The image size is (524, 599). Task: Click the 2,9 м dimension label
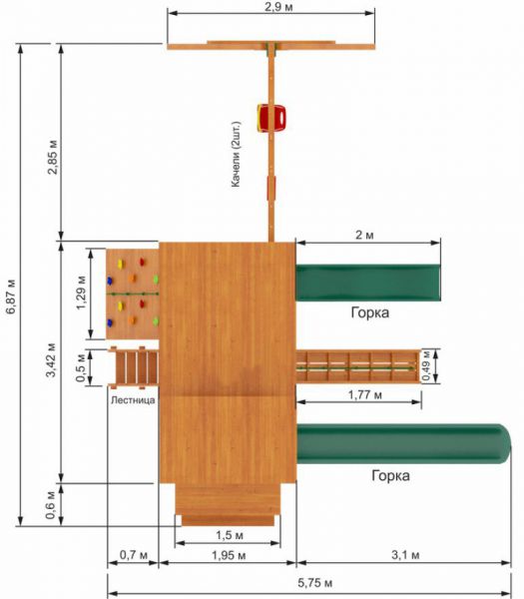pyautogui.click(x=278, y=7)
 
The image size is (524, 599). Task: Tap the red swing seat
pyautogui.click(x=271, y=118)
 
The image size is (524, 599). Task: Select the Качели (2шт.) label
pyautogui.click(x=236, y=155)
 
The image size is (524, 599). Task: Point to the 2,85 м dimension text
pyautogui.click(x=52, y=157)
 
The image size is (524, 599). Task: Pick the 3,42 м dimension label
pyautogui.click(x=51, y=360)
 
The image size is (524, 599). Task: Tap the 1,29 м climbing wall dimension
pyautogui.click(x=81, y=292)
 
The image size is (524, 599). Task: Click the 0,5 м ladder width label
pyautogui.click(x=80, y=367)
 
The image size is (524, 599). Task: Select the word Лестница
pyautogui.click(x=133, y=400)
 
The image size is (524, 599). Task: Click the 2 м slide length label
pyautogui.click(x=364, y=235)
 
